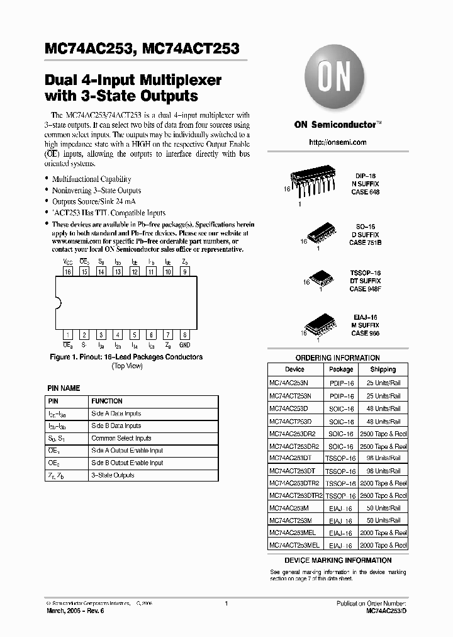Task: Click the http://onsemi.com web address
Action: tap(337, 142)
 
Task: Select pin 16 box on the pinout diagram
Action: tap(67, 272)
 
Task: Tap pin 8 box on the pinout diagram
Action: tap(184, 335)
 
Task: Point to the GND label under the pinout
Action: tap(184, 346)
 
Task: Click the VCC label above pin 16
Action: tap(67, 261)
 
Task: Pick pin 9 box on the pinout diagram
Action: tap(184, 272)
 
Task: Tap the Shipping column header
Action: tap(383, 369)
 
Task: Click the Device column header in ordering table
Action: tap(294, 369)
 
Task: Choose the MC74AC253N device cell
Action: tap(290, 383)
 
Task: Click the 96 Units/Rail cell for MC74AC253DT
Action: tap(383, 458)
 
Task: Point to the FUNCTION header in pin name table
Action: tap(107, 401)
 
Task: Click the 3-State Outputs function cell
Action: tap(113, 475)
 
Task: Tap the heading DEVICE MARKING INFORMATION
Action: tap(338, 560)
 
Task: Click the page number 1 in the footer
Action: tap(226, 604)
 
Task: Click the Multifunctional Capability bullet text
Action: tap(91, 179)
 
